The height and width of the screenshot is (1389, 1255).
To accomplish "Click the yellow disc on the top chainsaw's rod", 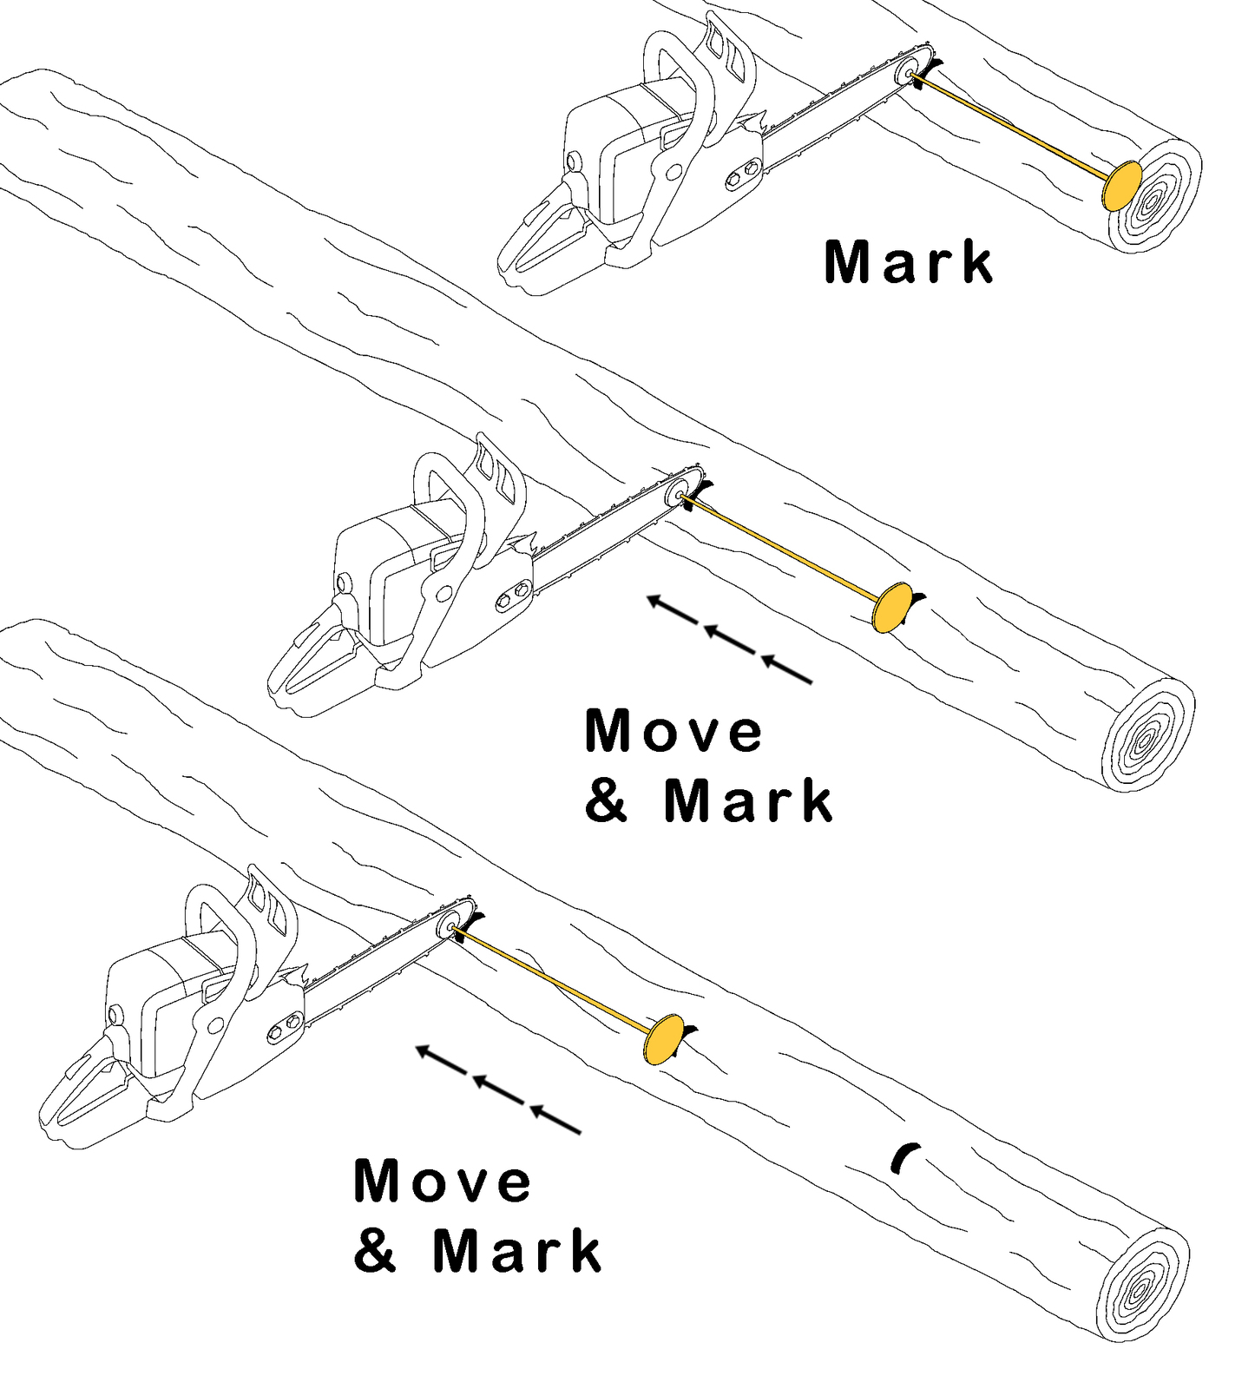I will pyautogui.click(x=1121, y=185).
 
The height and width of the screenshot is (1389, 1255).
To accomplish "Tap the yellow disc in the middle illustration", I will pyautogui.click(x=891, y=608).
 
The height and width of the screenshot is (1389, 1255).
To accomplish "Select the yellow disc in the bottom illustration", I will pyautogui.click(x=663, y=1038).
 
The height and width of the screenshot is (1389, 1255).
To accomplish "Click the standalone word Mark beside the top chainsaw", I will pyautogui.click(x=908, y=262).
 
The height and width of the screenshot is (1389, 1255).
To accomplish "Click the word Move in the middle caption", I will pyautogui.click(x=673, y=731).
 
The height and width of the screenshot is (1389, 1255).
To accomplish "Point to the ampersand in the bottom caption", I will pyautogui.click(x=375, y=1251).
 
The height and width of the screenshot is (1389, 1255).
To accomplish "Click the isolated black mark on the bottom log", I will pyautogui.click(x=903, y=1157).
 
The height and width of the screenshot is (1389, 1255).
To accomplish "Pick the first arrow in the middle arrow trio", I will pyautogui.click(x=673, y=609).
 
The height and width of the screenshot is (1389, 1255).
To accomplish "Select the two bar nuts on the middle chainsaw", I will pyautogui.click(x=512, y=595).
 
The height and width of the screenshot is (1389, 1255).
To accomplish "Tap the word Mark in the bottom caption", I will pyautogui.click(x=517, y=1251).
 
